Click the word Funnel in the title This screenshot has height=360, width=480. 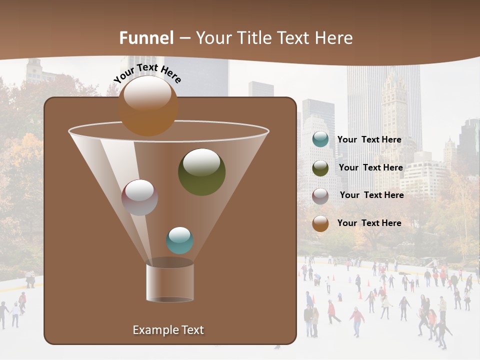pos(146,38)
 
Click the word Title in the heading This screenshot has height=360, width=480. pos(255,38)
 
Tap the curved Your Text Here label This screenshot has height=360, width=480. pos(147,73)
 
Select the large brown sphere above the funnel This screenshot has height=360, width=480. pos(148,105)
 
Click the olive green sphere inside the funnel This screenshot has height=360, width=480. pos(201,171)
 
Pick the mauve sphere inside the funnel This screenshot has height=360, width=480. pos(139,197)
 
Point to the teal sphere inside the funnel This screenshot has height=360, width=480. pos(179,240)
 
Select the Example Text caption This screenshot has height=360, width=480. pos(168,330)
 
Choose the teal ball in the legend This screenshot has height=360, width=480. pos(320,139)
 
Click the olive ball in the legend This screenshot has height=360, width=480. pos(320,167)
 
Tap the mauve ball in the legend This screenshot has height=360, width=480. pos(320,195)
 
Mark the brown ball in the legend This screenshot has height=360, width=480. pos(320,223)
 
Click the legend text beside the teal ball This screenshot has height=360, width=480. pos(369,139)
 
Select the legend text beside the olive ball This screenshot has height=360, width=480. pos(370,167)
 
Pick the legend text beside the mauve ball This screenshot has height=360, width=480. pos(371,195)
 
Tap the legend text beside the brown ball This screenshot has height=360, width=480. pos(369,223)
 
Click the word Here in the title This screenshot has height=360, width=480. pos(333,38)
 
